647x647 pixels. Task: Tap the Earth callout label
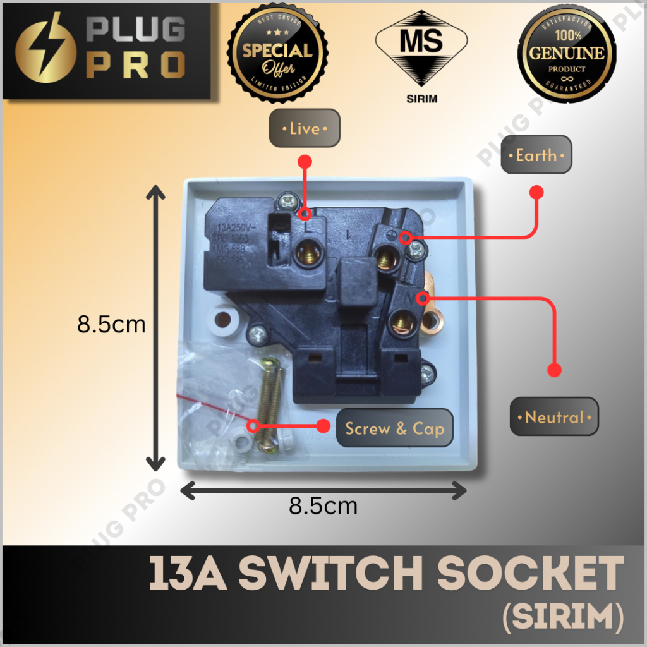click(x=536, y=155)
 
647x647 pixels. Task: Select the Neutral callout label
click(x=554, y=417)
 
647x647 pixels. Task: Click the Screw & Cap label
click(x=394, y=429)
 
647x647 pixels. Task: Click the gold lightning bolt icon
click(x=42, y=52)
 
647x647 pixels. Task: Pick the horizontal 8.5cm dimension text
click(x=323, y=505)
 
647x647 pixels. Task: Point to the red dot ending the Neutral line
click(x=554, y=370)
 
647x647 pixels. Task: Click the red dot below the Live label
click(x=306, y=162)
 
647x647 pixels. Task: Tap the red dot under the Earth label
click(x=536, y=191)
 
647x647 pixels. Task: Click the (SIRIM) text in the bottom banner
click(x=562, y=617)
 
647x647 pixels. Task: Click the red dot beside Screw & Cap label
click(x=323, y=426)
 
